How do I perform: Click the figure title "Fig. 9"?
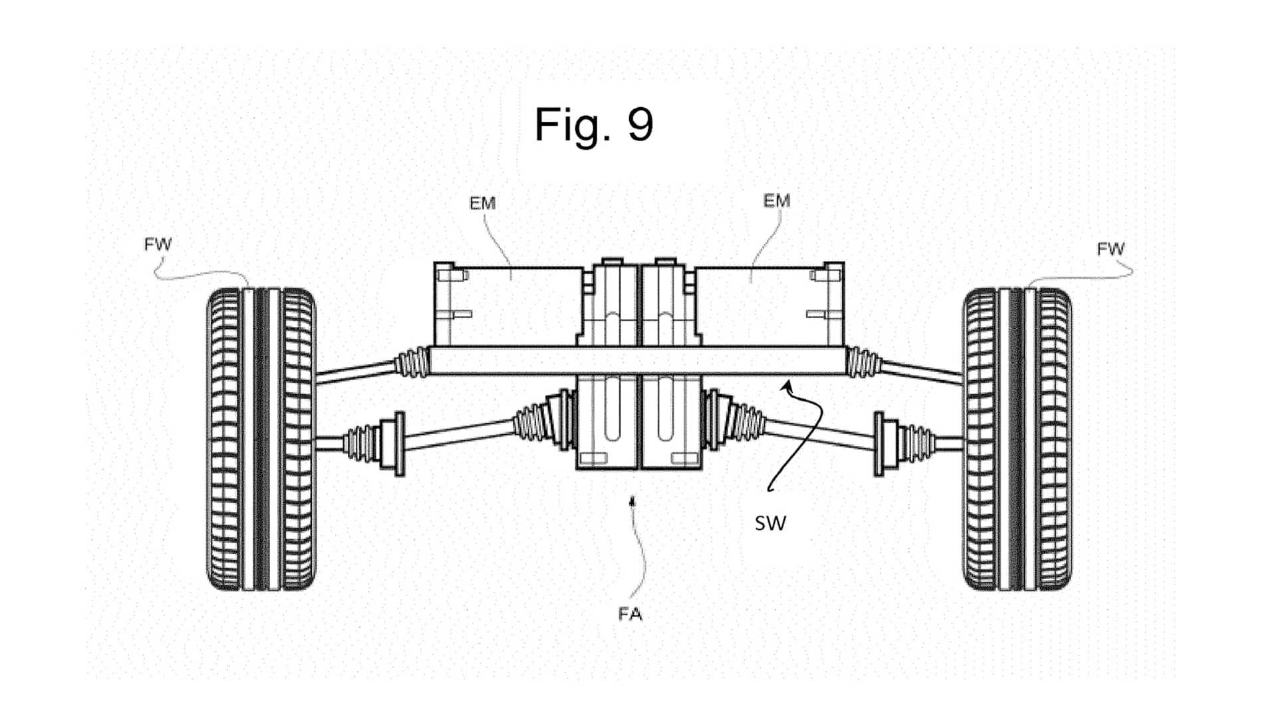(594, 124)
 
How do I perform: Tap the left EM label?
(482, 203)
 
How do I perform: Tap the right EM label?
(776, 200)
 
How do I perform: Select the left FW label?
(158, 244)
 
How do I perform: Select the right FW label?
(1110, 249)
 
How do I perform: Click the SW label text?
(770, 523)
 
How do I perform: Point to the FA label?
(630, 614)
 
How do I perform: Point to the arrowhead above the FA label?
(633, 501)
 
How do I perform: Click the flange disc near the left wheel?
(400, 443)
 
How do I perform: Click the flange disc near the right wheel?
(879, 443)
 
